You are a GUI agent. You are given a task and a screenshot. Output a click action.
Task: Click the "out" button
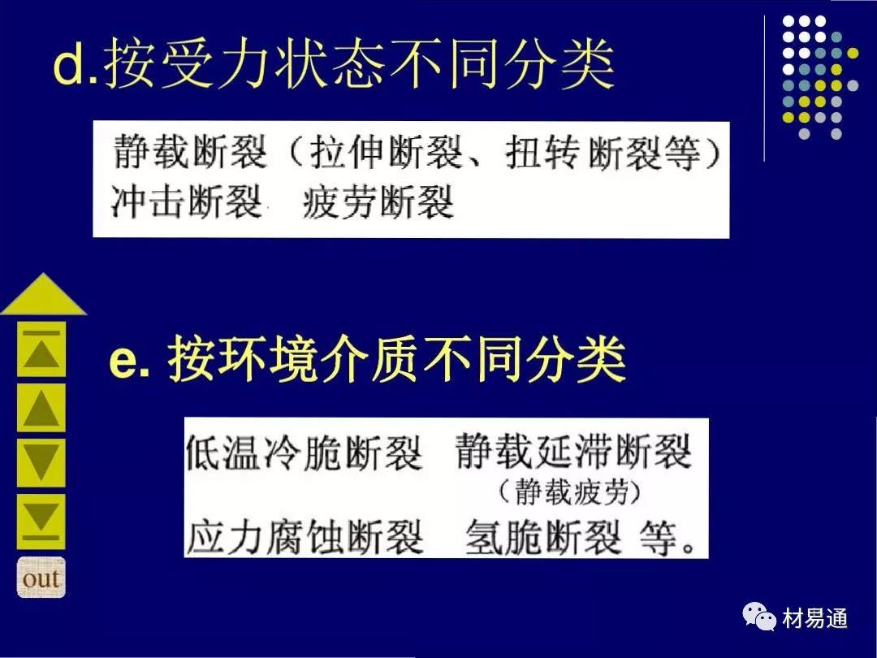tap(41, 578)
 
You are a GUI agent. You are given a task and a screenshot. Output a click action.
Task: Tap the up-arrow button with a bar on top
tap(41, 349)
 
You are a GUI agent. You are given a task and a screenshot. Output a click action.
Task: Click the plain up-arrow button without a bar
tap(41, 408)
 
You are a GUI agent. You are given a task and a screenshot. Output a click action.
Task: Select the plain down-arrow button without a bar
tap(41, 463)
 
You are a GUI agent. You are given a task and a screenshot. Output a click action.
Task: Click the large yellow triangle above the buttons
tap(44, 295)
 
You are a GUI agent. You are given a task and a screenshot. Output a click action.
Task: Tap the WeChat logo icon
tap(759, 617)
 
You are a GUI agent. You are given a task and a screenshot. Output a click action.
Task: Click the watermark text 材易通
tap(815, 618)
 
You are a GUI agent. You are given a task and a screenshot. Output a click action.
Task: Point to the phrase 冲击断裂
tap(187, 201)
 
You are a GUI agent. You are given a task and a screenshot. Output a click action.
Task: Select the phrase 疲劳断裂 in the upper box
tap(378, 201)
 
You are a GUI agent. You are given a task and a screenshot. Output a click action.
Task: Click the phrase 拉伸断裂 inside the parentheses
tap(387, 152)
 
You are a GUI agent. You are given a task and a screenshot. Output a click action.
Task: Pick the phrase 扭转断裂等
tap(603, 152)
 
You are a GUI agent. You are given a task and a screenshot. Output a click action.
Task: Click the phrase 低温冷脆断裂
tap(304, 451)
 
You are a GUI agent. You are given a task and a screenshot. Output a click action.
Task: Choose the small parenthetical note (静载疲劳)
tap(569, 492)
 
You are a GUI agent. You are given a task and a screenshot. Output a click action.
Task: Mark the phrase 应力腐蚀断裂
tap(304, 536)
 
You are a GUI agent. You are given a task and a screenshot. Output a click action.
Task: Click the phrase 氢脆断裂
tap(543, 536)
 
